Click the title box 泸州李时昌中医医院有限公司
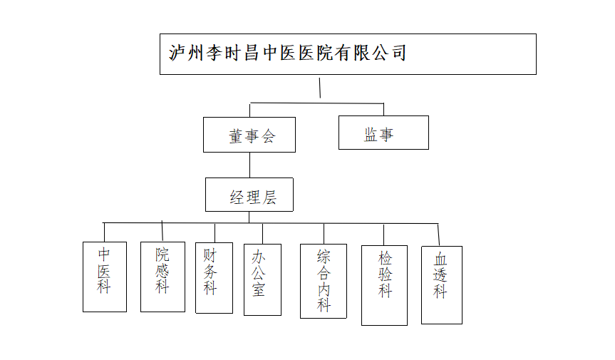click(348, 54)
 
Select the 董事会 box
click(249, 135)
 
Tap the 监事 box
click(383, 133)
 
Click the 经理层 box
click(249, 195)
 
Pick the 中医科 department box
click(105, 277)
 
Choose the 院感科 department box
click(162, 276)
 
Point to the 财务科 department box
click(214, 277)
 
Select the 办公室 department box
click(262, 279)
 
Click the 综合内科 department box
click(324, 281)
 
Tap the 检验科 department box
click(384, 285)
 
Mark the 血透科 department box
click(441, 284)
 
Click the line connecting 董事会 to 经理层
click(249, 165)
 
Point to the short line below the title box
click(320, 88)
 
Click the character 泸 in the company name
click(177, 53)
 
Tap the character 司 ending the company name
click(398, 53)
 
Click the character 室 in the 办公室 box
click(258, 289)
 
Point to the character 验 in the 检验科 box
click(386, 274)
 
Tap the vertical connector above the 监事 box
click(384, 110)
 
